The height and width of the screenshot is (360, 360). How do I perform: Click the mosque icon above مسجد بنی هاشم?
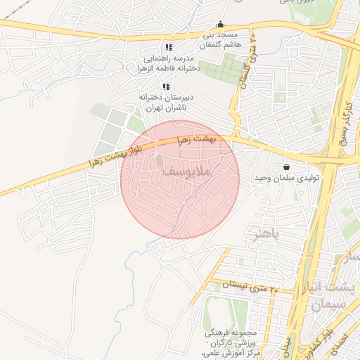pyautogui.click(x=221, y=24)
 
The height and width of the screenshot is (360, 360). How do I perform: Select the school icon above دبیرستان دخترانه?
pyautogui.click(x=165, y=86)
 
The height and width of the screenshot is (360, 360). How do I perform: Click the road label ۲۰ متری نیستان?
pyautogui.click(x=250, y=285)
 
